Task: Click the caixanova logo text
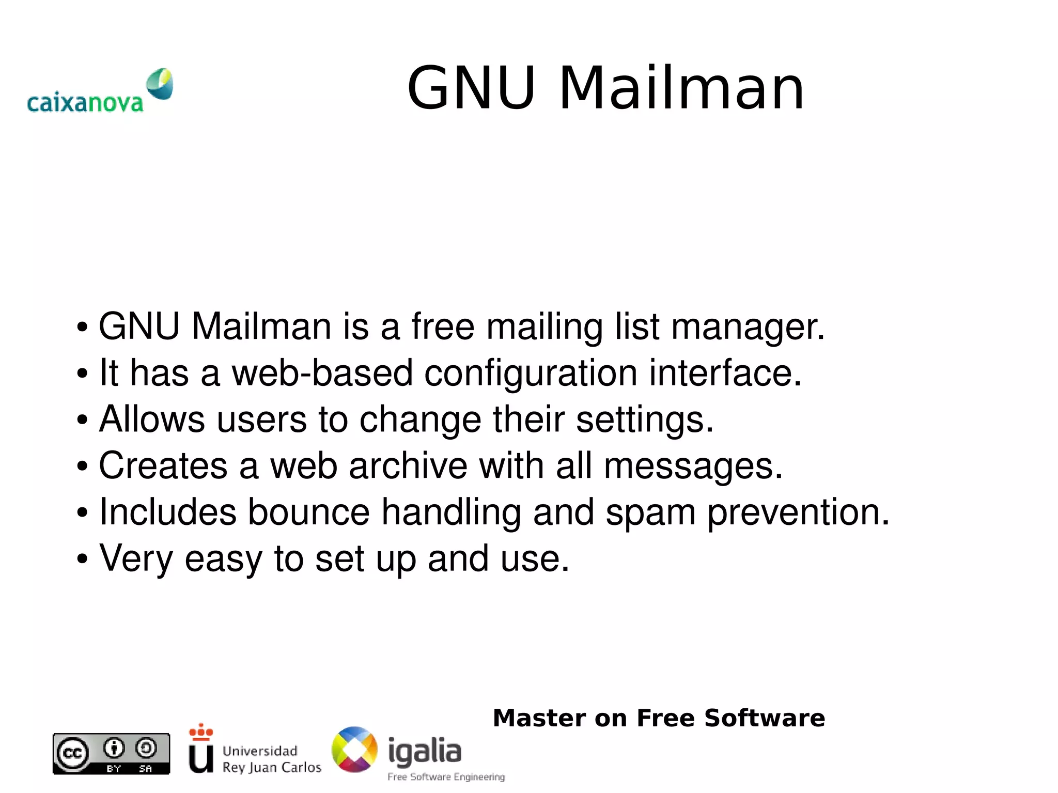click(x=85, y=103)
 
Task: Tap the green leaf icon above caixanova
click(x=160, y=83)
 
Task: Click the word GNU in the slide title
click(x=471, y=88)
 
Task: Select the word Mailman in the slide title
click(x=681, y=88)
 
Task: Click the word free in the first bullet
click(x=443, y=326)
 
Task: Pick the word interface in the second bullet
click(x=725, y=372)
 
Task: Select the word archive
click(x=408, y=465)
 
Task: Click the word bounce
click(x=309, y=512)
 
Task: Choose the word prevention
click(x=798, y=513)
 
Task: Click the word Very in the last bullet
click(x=136, y=559)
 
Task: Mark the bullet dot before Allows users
click(x=82, y=420)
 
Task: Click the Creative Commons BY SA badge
click(x=111, y=754)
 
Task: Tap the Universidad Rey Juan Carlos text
click(x=272, y=759)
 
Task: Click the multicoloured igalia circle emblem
click(x=354, y=750)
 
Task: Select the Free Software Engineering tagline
click(x=446, y=777)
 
